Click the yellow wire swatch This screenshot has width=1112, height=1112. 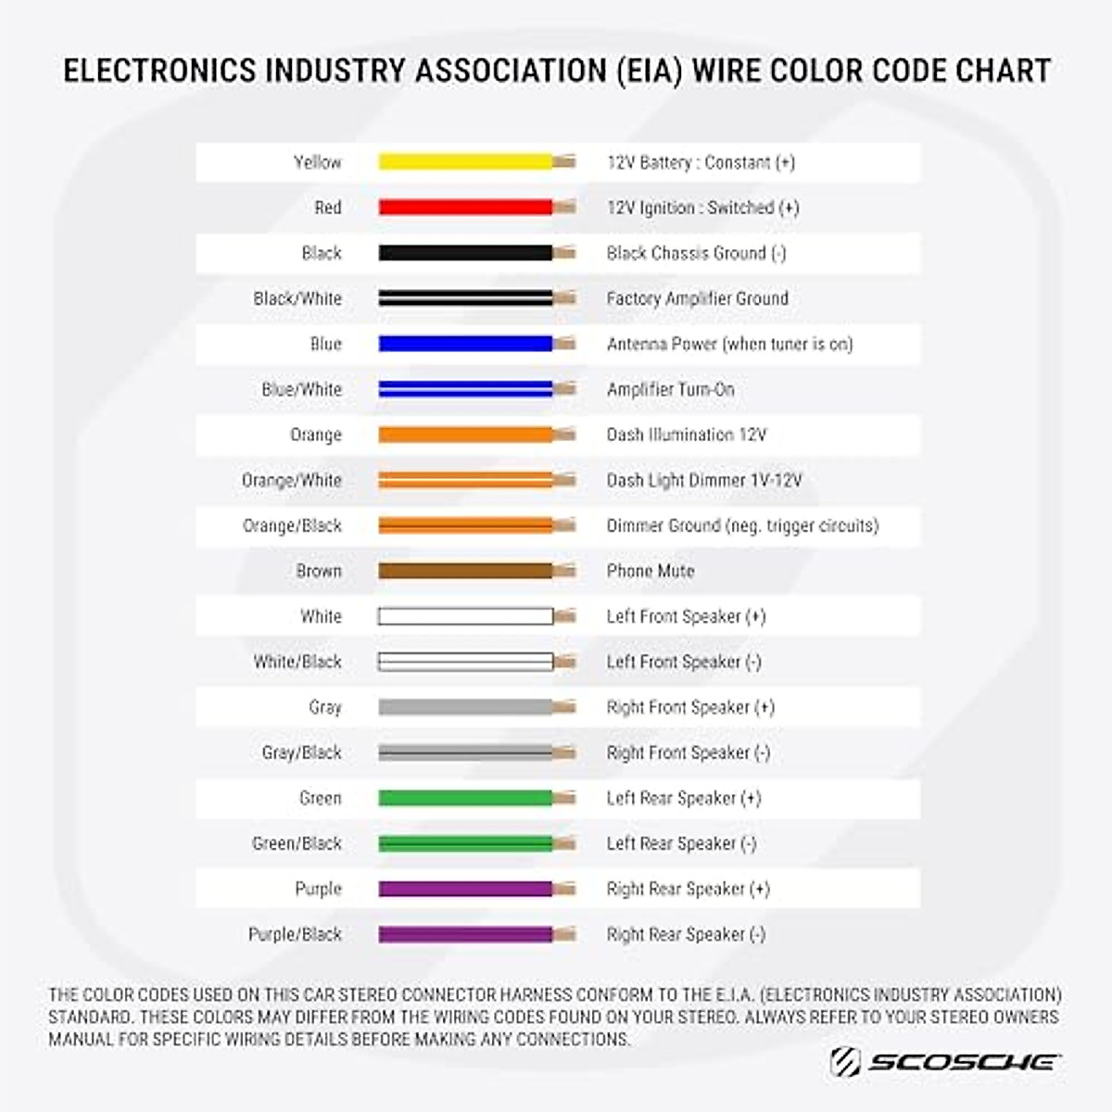tap(465, 162)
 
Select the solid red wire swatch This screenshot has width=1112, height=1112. tap(465, 208)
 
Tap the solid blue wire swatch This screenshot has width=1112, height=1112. tap(465, 344)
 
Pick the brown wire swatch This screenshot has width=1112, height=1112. tap(465, 571)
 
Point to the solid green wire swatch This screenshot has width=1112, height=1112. tap(465, 798)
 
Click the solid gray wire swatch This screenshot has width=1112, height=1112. tap(465, 707)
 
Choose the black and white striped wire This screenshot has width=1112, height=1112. tap(465, 298)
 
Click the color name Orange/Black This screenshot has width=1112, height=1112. tap(292, 525)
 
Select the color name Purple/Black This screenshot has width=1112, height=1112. tap(295, 934)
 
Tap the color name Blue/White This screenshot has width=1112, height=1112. tap(301, 389)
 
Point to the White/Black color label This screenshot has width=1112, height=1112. tap(297, 662)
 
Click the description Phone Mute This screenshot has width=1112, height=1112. tap(650, 571)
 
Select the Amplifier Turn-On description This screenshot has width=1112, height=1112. tap(670, 389)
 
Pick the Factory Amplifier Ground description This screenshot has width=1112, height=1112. tap(697, 298)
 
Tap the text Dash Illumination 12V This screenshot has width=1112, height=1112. tap(687, 435)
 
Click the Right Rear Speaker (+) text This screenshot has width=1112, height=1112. tap(688, 889)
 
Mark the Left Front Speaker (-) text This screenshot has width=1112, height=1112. tap(684, 662)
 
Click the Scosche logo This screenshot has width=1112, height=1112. tap(945, 1062)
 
